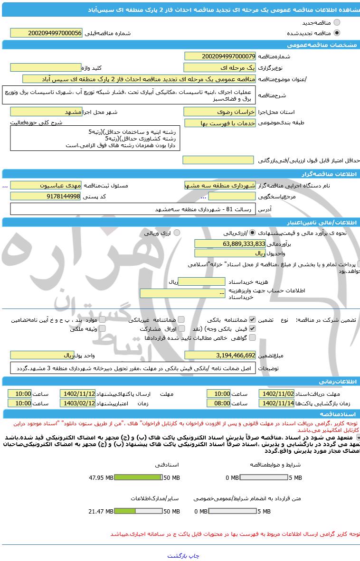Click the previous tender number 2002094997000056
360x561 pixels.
pos(46,33)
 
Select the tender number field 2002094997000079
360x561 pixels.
pos(220,56)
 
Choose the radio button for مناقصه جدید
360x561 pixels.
pos(337,22)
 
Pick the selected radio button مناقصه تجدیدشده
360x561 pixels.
pos(337,33)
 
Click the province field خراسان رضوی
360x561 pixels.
pos(220,112)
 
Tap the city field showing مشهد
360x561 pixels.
pos(46,112)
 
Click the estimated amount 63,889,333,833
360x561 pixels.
pos(230,243)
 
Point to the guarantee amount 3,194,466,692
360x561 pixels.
pos(220,355)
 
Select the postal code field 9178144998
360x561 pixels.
pos(46,196)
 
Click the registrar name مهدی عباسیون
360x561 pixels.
pos(46,185)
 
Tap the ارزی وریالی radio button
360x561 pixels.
pos(177,233)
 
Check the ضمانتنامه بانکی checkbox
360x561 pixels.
pos(252,320)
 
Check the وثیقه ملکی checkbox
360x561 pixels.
pos(102,328)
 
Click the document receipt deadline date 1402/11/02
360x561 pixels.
pos(276,393)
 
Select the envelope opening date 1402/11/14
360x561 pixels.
pos(276,403)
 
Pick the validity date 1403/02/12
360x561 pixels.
pos(77,403)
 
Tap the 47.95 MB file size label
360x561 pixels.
pos(101,478)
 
